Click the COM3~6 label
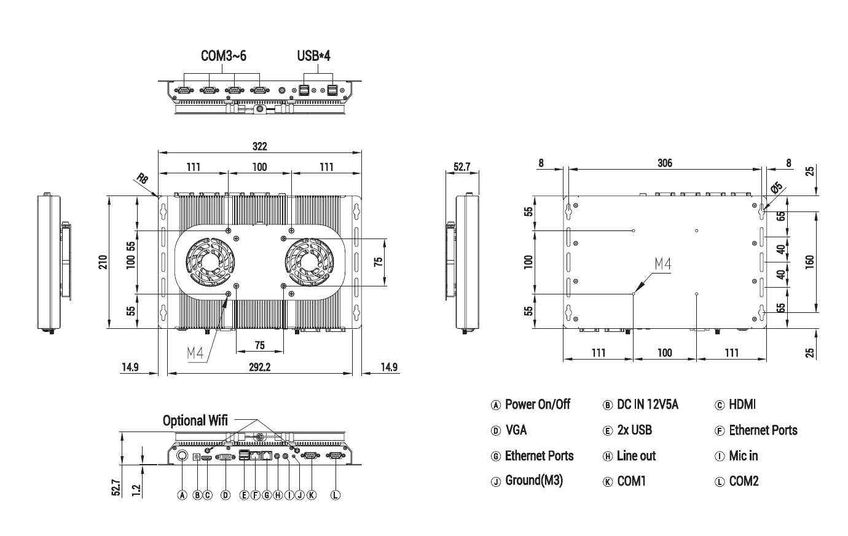[x=224, y=56]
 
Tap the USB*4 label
[x=313, y=56]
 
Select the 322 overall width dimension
[x=259, y=146]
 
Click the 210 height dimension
[x=103, y=262]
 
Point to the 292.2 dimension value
[x=260, y=367]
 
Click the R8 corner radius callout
[x=142, y=179]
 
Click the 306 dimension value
[x=664, y=163]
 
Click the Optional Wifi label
[x=195, y=420]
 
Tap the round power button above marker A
[x=183, y=456]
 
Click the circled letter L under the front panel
[x=336, y=495]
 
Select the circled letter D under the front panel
[x=226, y=495]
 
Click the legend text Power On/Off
[x=537, y=404]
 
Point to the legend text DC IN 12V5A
[x=648, y=404]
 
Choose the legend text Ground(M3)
[x=533, y=481]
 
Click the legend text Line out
[x=636, y=455]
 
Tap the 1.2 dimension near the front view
[x=136, y=490]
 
